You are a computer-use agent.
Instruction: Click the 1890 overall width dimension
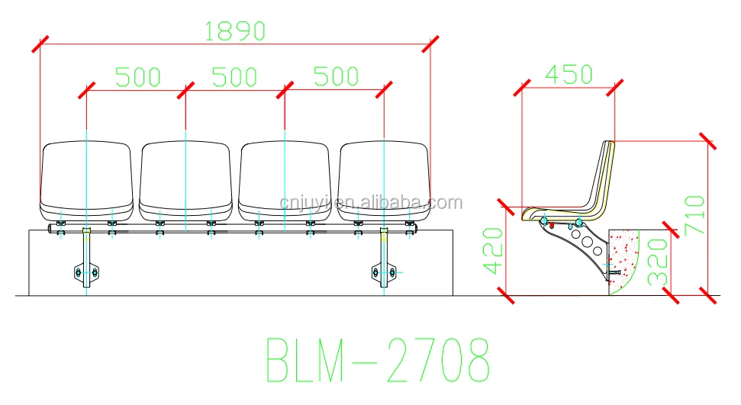(x=234, y=31)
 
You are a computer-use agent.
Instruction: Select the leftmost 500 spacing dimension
(x=137, y=77)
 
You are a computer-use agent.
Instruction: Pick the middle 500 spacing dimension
(x=234, y=77)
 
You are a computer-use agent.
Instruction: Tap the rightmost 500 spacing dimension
(x=336, y=77)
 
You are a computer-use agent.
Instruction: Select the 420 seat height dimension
(x=493, y=250)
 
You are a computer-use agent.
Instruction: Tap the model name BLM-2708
(x=377, y=358)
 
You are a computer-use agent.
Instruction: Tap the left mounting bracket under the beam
(x=85, y=259)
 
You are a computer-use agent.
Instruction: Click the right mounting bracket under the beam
(x=384, y=259)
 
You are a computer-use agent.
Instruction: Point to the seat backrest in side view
(x=601, y=179)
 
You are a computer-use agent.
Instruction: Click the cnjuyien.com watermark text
(x=370, y=203)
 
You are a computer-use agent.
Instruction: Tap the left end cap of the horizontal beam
(x=52, y=228)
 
